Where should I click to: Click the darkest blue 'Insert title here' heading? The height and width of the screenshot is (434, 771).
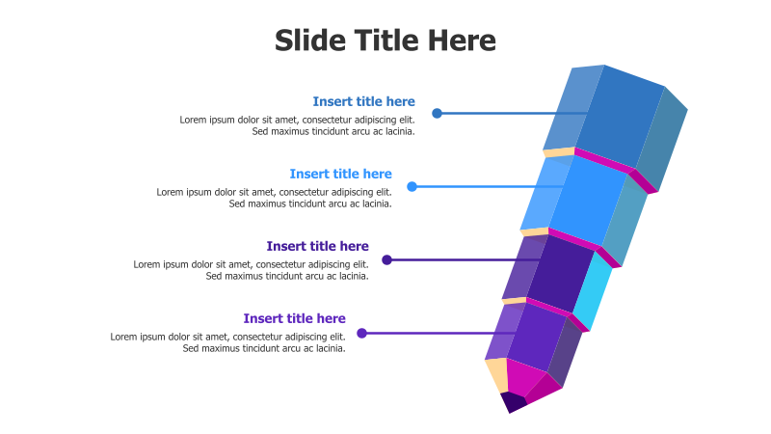(x=363, y=101)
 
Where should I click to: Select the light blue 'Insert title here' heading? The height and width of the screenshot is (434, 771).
(x=340, y=174)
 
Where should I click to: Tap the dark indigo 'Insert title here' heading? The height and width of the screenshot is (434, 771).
(x=317, y=246)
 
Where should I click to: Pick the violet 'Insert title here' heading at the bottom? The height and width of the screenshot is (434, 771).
(x=294, y=318)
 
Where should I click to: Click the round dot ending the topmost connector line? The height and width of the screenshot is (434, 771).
(x=437, y=113)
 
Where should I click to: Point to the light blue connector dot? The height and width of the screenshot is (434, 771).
(x=412, y=186)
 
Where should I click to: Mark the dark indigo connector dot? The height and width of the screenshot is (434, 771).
(x=386, y=259)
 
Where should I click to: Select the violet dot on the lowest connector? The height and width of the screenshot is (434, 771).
(x=361, y=333)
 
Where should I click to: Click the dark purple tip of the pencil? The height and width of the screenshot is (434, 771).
(x=513, y=401)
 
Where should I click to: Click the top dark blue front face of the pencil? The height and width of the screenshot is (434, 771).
(x=619, y=116)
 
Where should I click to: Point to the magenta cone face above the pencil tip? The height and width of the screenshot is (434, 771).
(x=524, y=378)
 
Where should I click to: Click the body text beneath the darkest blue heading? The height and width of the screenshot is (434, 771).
(x=297, y=125)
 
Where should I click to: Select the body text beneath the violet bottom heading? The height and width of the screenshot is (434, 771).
(x=227, y=342)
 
